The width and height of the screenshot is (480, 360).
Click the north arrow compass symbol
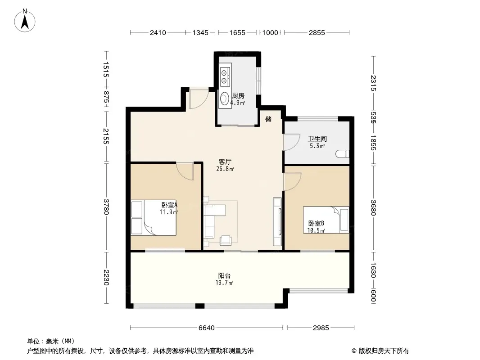(x=25, y=21)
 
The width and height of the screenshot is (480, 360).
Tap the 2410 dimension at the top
(x=158, y=33)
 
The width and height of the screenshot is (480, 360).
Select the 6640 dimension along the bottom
(x=207, y=328)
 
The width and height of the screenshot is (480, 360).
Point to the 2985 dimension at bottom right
(x=321, y=328)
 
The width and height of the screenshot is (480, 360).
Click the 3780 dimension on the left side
(x=106, y=207)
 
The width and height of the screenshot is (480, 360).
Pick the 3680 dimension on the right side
(x=373, y=208)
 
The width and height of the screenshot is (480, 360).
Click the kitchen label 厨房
(x=238, y=96)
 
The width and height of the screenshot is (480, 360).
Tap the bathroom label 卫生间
(x=317, y=139)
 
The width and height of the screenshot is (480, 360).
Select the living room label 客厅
(x=225, y=162)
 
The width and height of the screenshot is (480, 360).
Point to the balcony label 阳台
(x=224, y=275)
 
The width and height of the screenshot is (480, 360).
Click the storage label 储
(x=268, y=119)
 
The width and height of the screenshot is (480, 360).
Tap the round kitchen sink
(x=225, y=98)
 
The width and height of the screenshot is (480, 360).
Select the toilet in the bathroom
(x=343, y=153)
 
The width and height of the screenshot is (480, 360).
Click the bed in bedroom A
(x=154, y=218)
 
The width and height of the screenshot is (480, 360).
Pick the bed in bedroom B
(x=326, y=220)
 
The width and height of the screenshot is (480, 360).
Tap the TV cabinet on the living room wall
(x=277, y=222)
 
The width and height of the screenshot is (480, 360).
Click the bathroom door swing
(x=292, y=142)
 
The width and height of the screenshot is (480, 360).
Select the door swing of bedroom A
(x=185, y=171)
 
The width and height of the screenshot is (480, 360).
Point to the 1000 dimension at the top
(x=270, y=33)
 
